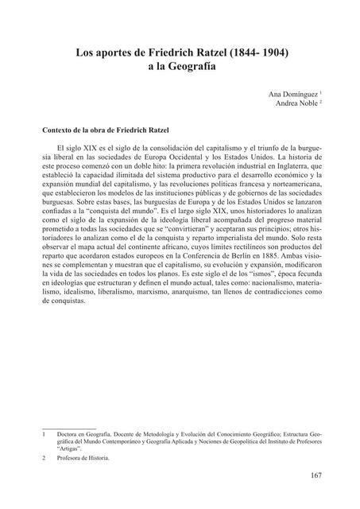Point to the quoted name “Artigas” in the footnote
(x=71, y=449)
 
